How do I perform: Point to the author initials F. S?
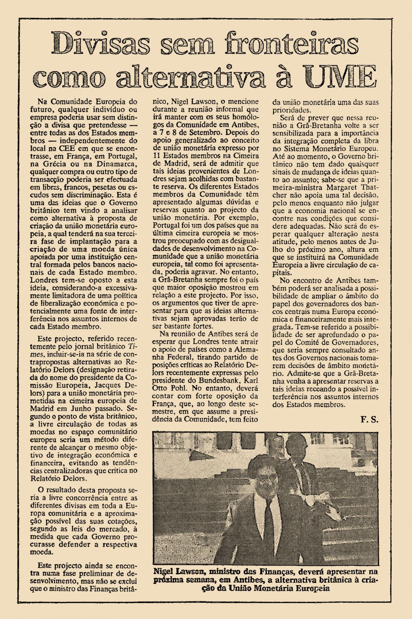(x=369, y=420)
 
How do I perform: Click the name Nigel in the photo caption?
(x=166, y=572)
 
